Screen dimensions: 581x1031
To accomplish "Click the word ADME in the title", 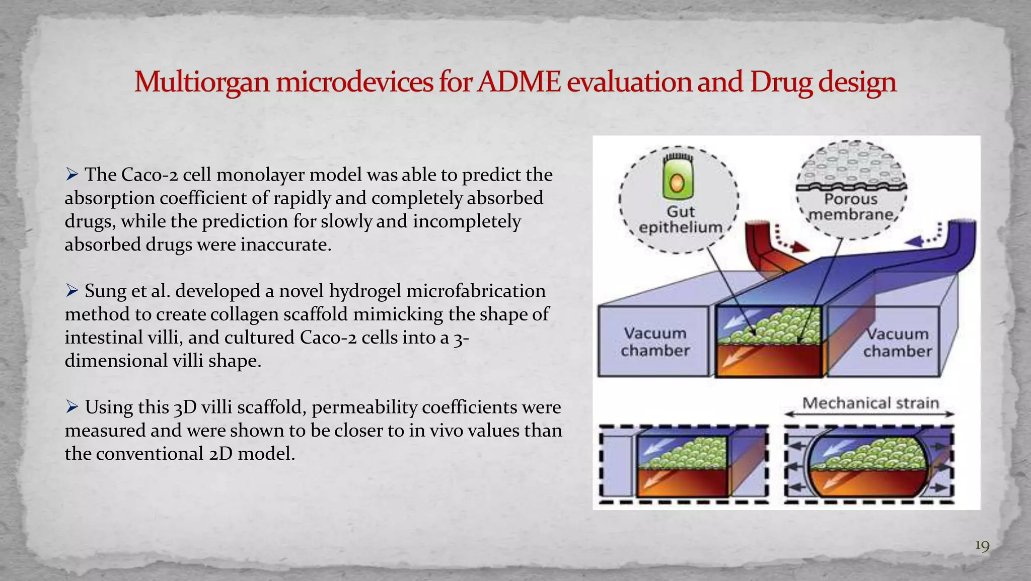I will pos(519,82).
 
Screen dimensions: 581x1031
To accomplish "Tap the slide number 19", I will pos(982,546).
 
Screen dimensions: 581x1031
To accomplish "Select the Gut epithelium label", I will pos(681,219).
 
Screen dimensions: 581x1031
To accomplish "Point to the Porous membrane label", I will pos(851,207).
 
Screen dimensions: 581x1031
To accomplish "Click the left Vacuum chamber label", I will pos(655,342).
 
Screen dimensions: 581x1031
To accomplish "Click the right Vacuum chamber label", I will pos(898,342).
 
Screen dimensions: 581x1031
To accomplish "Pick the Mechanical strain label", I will pos(870,403).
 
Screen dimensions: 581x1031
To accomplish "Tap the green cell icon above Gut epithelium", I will pos(678,178).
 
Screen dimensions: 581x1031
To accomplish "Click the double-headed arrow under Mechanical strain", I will pos(869,414).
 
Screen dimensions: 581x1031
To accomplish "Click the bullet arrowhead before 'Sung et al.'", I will pos(72,290).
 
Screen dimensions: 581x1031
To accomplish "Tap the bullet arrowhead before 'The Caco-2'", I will pos(72,174).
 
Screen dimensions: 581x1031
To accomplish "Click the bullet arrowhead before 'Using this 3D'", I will pos(72,406).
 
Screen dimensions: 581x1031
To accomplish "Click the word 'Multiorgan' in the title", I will pos(202,82).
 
